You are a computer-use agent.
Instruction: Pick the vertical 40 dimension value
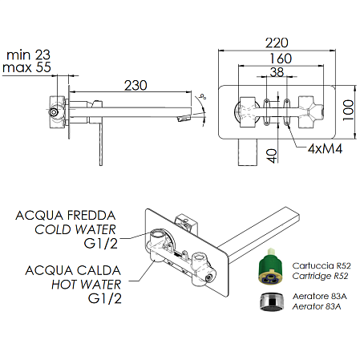273,154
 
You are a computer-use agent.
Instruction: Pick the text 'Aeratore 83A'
318,296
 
